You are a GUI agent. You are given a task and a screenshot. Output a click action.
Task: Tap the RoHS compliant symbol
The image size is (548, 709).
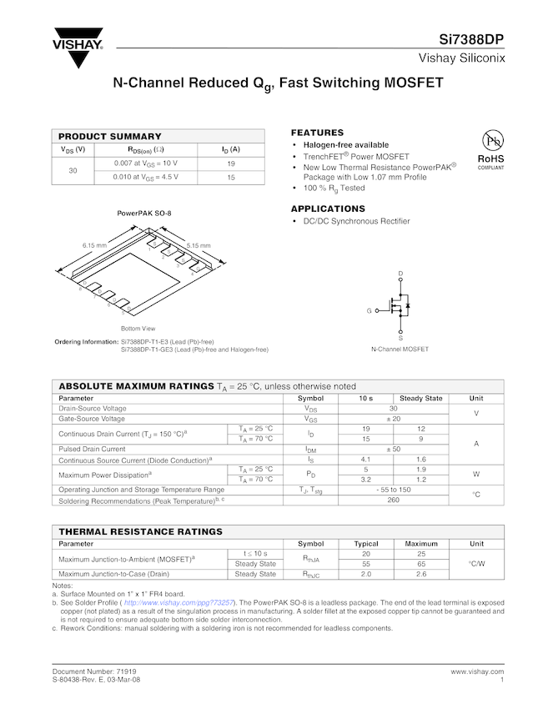490,148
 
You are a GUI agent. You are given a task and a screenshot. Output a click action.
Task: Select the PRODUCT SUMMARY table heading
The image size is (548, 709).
109,136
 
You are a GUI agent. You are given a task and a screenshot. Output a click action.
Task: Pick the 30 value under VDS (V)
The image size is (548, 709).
73,170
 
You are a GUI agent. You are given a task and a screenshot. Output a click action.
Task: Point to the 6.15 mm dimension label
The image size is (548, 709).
94,245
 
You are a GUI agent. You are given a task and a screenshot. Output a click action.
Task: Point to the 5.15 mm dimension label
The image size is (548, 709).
199,245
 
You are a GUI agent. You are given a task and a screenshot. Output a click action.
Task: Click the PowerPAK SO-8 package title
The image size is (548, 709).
144,214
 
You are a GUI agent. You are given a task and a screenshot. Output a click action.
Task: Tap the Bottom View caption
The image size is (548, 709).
138,329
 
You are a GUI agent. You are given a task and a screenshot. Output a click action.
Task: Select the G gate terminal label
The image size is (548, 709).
369,310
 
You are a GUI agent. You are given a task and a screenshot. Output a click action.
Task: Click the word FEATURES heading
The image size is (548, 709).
317,133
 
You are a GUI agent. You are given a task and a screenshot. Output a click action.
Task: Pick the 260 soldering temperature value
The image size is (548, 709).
393,500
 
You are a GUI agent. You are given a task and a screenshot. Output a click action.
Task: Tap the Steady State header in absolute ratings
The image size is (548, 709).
421,398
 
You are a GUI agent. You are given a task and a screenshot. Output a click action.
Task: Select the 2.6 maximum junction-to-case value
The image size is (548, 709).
421,574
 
